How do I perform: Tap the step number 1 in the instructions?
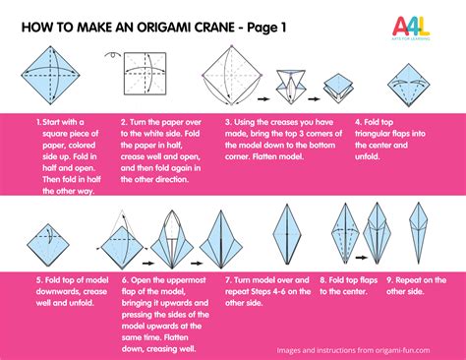pyautogui.click(x=38, y=122)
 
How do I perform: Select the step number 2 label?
pyautogui.click(x=122, y=122)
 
